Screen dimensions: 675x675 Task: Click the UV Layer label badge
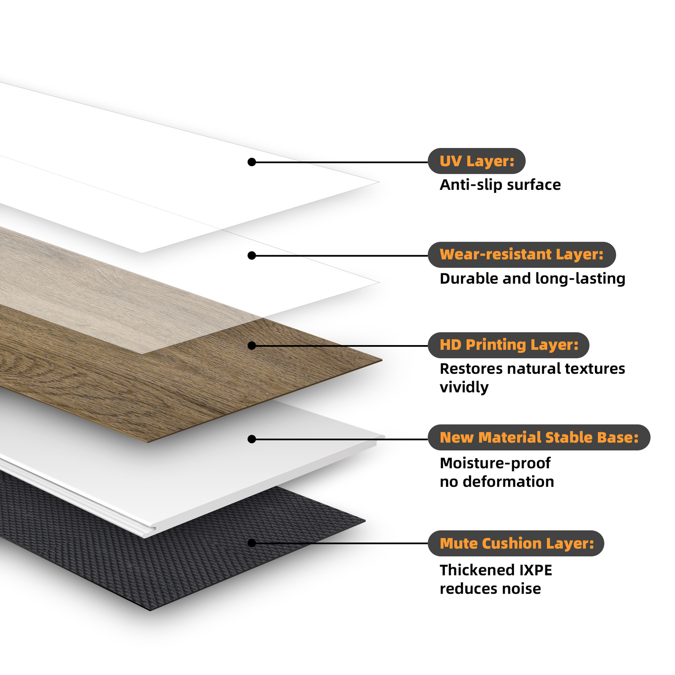pyautogui.click(x=476, y=161)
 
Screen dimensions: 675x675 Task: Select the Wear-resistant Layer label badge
pyautogui.click(x=521, y=254)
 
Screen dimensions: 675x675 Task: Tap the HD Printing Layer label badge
pyautogui.click(x=508, y=345)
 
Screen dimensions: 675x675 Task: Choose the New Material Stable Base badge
pyautogui.click(x=539, y=437)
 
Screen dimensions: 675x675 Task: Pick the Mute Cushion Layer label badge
pyautogui.click(x=516, y=543)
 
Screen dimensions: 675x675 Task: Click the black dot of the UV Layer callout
pyautogui.click(x=252, y=162)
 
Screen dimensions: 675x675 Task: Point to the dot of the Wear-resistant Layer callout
pyautogui.click(x=252, y=256)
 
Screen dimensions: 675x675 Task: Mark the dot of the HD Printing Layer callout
pyautogui.click(x=252, y=346)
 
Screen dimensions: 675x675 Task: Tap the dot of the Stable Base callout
pyautogui.click(x=252, y=439)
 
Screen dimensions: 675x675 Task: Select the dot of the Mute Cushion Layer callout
pyautogui.click(x=252, y=543)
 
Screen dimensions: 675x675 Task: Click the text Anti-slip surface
pyautogui.click(x=500, y=185)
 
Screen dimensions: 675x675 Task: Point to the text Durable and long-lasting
pyautogui.click(x=532, y=279)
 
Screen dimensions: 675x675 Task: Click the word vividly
pyautogui.click(x=464, y=387)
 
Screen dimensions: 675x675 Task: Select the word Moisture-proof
pyautogui.click(x=495, y=463)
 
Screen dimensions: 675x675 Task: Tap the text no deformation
pyautogui.click(x=497, y=482)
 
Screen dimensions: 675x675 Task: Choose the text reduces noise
pyautogui.click(x=490, y=589)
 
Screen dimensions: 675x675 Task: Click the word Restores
pyautogui.click(x=471, y=369)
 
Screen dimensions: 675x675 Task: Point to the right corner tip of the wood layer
pyautogui.click(x=382, y=360)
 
